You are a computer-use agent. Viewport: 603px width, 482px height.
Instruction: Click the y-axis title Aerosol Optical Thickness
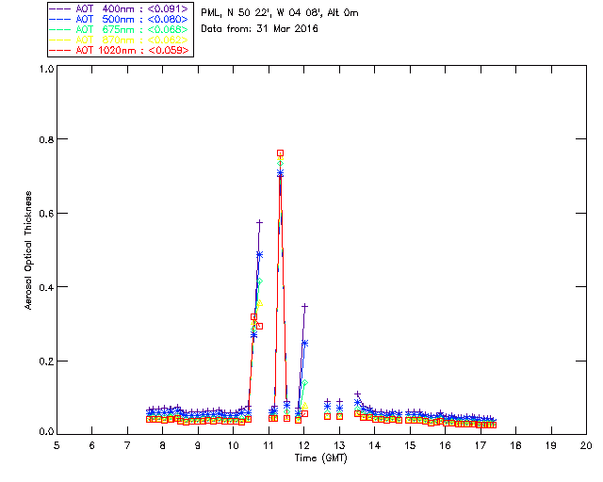tap(29, 249)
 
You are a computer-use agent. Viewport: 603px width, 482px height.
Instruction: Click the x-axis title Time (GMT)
tap(321, 458)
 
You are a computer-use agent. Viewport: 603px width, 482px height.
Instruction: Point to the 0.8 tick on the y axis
tap(43, 139)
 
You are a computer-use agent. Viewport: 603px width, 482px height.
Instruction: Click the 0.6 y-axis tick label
tap(43, 214)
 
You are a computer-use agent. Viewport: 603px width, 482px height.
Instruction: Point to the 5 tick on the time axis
tap(57, 444)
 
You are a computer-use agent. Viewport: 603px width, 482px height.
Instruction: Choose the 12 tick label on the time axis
tap(303, 444)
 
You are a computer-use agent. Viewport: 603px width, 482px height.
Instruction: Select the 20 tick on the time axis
tap(586, 444)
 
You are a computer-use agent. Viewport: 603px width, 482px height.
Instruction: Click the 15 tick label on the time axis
tap(410, 444)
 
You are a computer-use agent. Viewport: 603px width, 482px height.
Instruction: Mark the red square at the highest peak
tap(280, 153)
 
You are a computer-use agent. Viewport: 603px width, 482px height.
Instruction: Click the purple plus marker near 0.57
tap(259, 223)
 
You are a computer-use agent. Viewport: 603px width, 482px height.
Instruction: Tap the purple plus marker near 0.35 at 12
tap(304, 306)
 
